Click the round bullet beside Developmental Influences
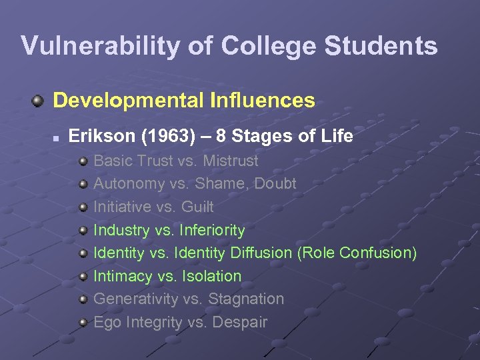[x=38, y=101]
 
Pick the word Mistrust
[x=230, y=161]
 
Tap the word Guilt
[x=197, y=207]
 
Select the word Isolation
[x=213, y=276]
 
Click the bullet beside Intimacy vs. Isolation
[x=83, y=277]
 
